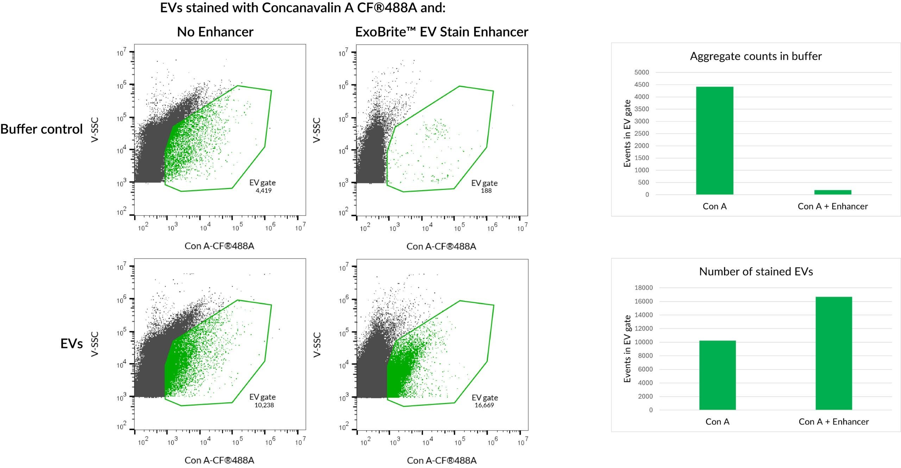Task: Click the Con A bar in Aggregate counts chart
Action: [714, 141]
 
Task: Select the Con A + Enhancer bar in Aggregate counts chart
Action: [832, 192]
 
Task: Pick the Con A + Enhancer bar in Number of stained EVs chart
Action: [833, 353]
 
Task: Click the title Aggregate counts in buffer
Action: [756, 56]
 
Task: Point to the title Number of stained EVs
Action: [756, 271]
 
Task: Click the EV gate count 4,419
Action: [264, 191]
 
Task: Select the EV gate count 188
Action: [486, 191]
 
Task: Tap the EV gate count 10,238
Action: [264, 405]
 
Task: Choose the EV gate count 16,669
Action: [484, 405]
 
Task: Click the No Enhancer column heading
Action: [215, 32]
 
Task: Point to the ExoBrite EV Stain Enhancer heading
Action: [441, 32]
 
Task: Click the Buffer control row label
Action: [42, 129]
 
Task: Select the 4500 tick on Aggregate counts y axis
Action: [642, 85]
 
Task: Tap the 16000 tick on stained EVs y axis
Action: [643, 301]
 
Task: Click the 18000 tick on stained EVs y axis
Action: [643, 288]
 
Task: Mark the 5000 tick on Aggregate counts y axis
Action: [642, 72]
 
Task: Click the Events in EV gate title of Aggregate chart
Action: [627, 133]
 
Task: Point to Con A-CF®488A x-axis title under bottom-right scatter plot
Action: [441, 460]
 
